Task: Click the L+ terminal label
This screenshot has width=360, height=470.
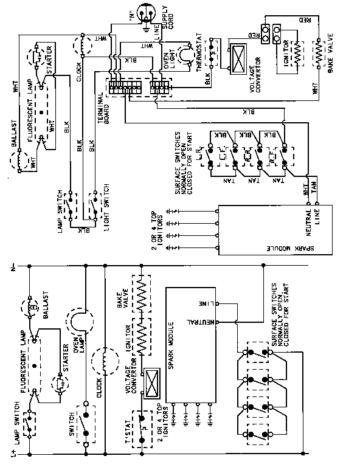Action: click(x=13, y=454)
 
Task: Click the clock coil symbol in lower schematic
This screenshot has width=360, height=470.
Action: click(x=105, y=360)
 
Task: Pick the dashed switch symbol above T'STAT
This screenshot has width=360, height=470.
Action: click(x=145, y=424)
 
